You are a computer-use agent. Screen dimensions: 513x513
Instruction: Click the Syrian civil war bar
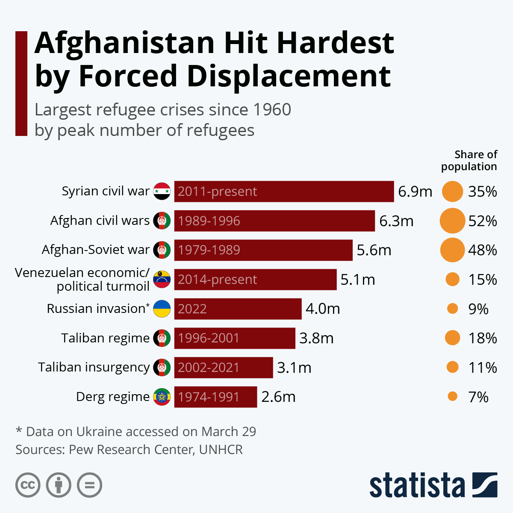pyautogui.click(x=284, y=191)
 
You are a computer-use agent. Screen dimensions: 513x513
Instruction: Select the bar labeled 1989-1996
pyautogui.click(x=274, y=221)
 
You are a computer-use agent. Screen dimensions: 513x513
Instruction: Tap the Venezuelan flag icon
pyautogui.click(x=162, y=279)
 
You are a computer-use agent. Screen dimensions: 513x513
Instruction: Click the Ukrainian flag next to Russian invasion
pyautogui.click(x=162, y=308)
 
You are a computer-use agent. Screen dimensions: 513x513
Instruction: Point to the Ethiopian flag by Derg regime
pyautogui.click(x=162, y=397)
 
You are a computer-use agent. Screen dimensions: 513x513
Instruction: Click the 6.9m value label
pyautogui.click(x=415, y=192)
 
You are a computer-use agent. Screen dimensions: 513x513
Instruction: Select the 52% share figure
pyautogui.click(x=483, y=221)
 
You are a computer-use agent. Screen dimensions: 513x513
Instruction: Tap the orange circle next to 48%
pyautogui.click(x=452, y=250)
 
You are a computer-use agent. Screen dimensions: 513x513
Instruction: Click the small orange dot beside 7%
pyautogui.click(x=452, y=397)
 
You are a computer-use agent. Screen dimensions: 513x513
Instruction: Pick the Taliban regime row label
pyautogui.click(x=105, y=338)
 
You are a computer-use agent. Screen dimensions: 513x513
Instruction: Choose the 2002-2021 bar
pyautogui.click(x=224, y=367)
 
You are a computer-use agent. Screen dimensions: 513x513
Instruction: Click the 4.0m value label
pyautogui.click(x=323, y=309)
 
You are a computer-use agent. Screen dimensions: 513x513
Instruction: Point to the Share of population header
pyautogui.click(x=469, y=160)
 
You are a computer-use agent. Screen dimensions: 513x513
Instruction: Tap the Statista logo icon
pyautogui.click(x=485, y=485)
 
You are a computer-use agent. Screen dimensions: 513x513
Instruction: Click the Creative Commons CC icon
pyautogui.click(x=28, y=485)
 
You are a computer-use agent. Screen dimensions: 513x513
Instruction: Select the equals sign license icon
pyautogui.click(x=90, y=485)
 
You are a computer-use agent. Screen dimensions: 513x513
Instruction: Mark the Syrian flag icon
pyautogui.click(x=162, y=191)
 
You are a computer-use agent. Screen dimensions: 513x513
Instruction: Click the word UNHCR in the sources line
pyautogui.click(x=221, y=450)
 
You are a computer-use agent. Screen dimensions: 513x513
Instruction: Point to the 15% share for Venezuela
pyautogui.click(x=483, y=280)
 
